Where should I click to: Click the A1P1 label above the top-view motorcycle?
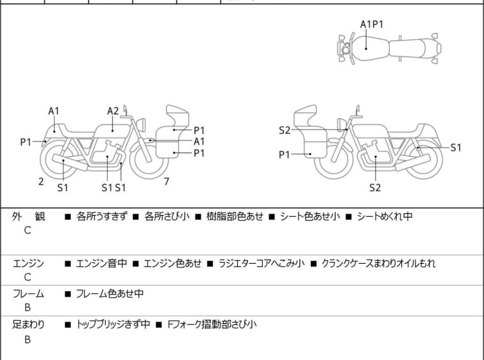pyautogui.click(x=371, y=24)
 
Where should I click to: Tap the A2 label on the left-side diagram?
pyautogui.click(x=113, y=111)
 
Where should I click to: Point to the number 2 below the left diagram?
pyautogui.click(x=41, y=182)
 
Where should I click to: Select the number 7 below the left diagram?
pyautogui.click(x=166, y=182)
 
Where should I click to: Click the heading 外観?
pyautogui.click(x=28, y=216)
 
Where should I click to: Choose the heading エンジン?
pyautogui.click(x=29, y=263)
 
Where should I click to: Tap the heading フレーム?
pyautogui.click(x=29, y=294)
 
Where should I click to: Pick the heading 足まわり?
pyautogui.click(x=29, y=325)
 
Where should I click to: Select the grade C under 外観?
pyautogui.click(x=28, y=231)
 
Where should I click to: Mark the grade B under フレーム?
pyautogui.click(x=28, y=307)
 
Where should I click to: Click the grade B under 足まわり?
pyautogui.click(x=28, y=339)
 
